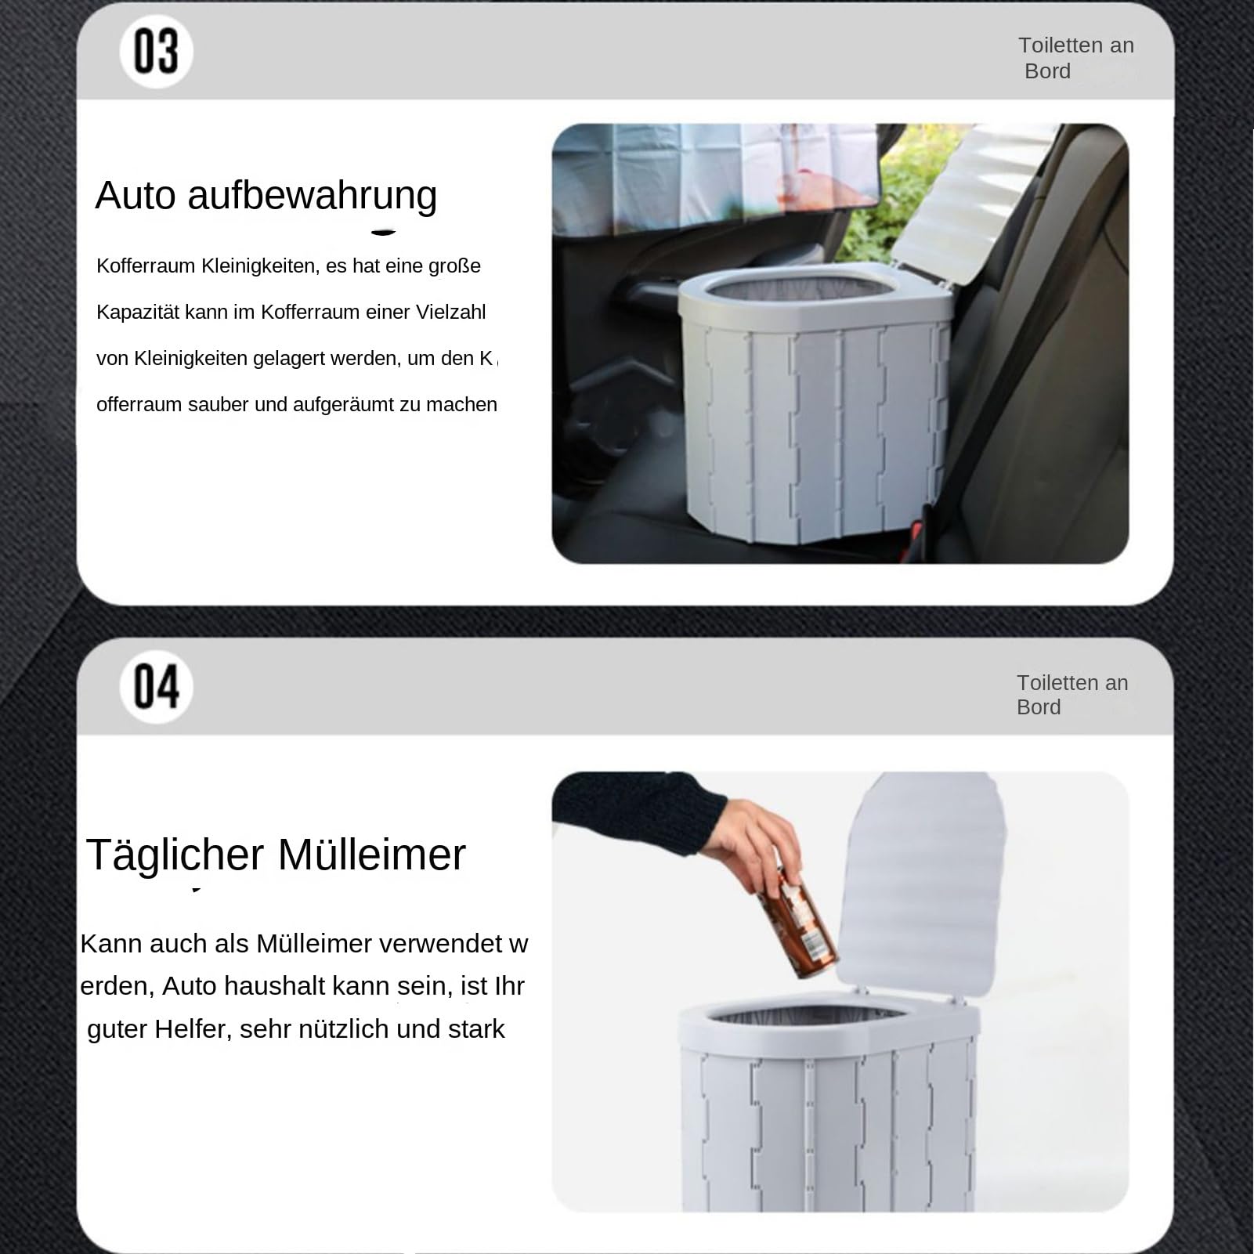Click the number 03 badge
pos(156,52)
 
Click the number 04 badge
pos(156,687)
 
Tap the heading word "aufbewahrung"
pos(312,196)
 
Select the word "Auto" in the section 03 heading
pos(136,195)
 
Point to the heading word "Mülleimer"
pos(371,854)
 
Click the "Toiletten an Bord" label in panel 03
pos(1075,58)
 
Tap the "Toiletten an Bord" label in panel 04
pos(1072,695)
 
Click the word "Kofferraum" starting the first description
pos(146,266)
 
